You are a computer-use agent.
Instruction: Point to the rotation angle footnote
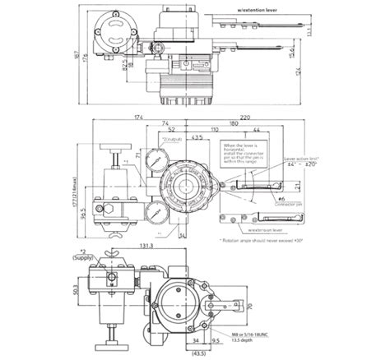(264, 239)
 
